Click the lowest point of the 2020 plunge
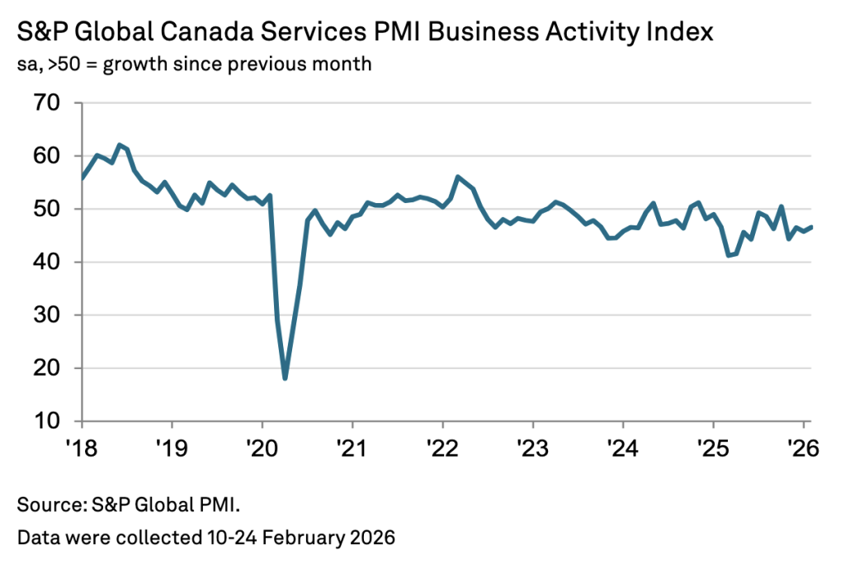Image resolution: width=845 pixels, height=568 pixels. [285, 378]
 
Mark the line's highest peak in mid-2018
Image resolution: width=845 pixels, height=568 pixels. [120, 144]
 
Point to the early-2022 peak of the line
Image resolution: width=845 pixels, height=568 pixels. [458, 177]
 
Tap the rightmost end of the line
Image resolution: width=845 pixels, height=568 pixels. [811, 227]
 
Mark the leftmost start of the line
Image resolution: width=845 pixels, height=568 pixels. [82, 177]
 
